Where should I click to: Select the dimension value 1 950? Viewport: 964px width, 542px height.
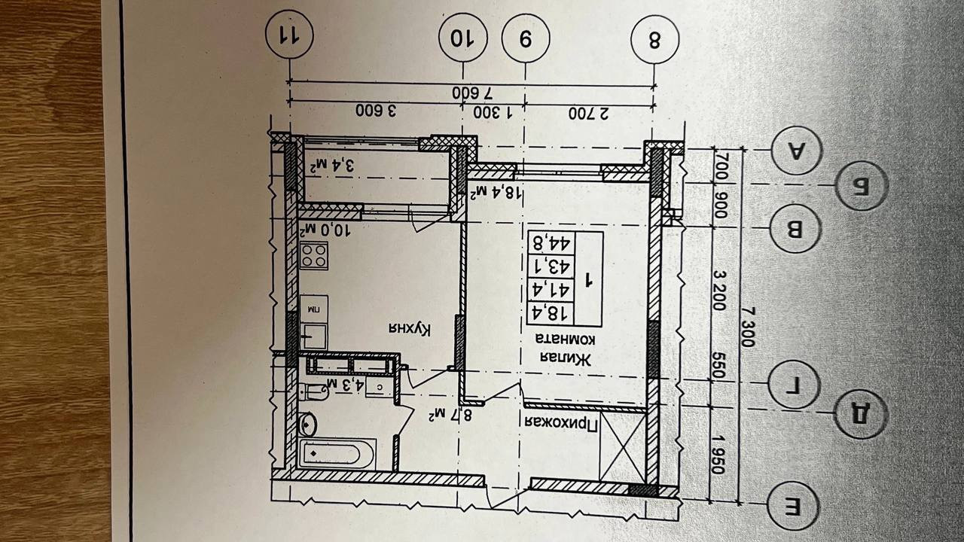(717, 454)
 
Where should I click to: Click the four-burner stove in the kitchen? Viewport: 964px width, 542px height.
(313, 257)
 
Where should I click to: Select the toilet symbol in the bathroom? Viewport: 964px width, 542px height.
(313, 391)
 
